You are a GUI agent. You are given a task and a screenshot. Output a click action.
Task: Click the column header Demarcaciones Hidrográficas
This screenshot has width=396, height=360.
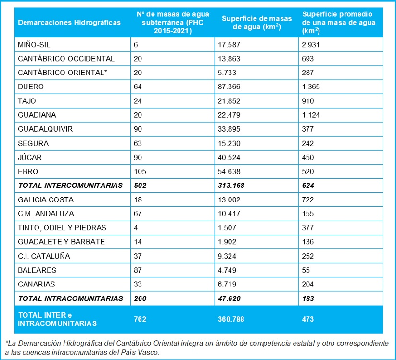pos(69,23)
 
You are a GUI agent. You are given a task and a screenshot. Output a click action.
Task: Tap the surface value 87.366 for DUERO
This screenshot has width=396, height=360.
pos(229,87)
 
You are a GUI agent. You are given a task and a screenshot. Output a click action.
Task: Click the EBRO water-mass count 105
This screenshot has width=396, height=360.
pos(140,172)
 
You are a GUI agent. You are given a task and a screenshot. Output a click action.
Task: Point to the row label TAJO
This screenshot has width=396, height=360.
pos(27,101)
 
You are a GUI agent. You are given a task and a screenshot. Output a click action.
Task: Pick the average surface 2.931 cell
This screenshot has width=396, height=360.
pos(311,45)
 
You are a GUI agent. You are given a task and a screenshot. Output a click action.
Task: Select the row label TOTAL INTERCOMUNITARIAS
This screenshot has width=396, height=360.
pos(70,186)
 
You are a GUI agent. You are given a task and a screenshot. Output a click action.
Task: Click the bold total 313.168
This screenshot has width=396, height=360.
pos(231,186)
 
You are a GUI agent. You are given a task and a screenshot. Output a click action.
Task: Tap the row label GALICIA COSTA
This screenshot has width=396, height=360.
pos(46,200)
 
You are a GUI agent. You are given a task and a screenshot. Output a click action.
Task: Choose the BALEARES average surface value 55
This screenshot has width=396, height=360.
pos(306,270)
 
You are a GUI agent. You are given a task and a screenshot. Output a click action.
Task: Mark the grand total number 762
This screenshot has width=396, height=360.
pos(140,319)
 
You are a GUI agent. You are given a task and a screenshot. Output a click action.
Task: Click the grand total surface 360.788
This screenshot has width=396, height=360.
pos(231,319)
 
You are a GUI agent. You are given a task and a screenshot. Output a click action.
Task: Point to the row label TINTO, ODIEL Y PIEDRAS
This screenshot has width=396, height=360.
pos(62,228)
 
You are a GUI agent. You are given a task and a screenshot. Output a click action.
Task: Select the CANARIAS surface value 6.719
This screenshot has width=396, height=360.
pos(227,285)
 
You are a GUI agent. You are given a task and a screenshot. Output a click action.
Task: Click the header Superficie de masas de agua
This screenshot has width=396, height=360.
pos(257,23)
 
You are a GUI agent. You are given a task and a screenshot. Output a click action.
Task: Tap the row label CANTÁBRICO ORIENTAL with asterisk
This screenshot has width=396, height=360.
pos(63,73)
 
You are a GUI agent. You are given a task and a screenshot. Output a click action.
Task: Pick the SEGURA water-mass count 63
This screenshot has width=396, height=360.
pos(138,144)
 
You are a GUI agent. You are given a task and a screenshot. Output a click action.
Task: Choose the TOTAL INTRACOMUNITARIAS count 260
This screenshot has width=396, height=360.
pos(140,298)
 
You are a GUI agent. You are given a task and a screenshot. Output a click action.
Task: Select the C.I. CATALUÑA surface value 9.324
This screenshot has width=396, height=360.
pos(227,256)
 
